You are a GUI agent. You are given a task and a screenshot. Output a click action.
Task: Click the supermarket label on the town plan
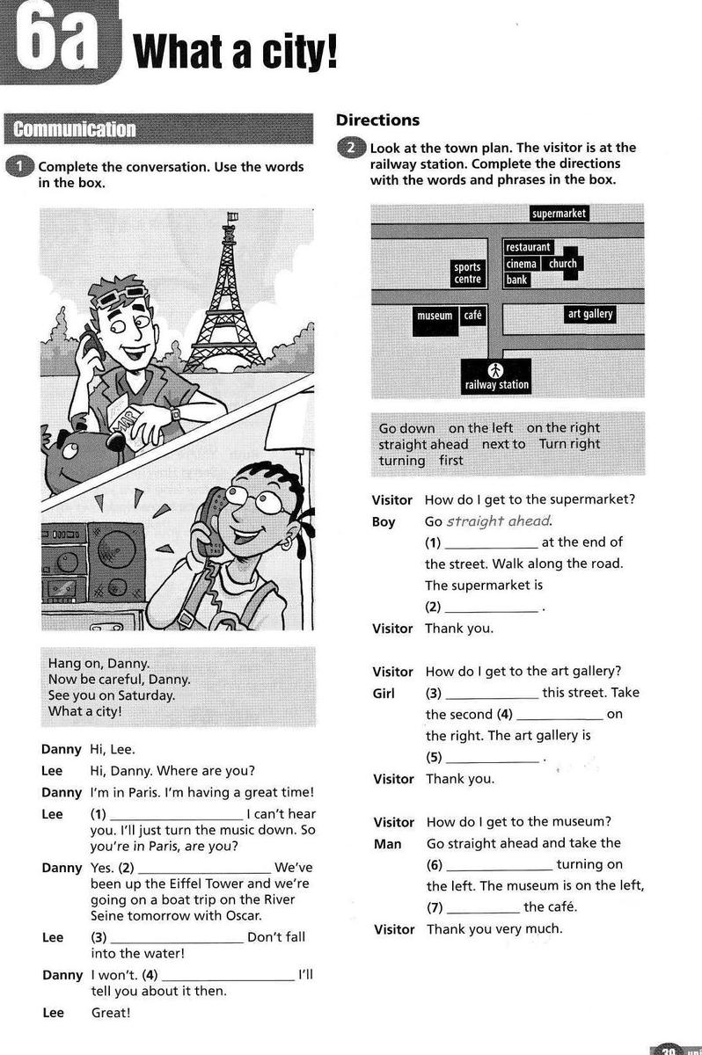click(559, 214)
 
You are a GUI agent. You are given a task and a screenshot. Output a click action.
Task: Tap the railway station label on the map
click(497, 384)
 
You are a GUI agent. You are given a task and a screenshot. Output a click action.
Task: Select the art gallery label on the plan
click(589, 314)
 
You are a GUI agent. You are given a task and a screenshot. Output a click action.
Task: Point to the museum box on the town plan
click(435, 316)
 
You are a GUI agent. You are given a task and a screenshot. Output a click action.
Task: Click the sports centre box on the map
click(467, 273)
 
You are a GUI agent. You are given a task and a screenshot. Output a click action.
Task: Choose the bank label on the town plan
click(517, 280)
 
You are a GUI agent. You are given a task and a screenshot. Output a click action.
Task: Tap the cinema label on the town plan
click(522, 264)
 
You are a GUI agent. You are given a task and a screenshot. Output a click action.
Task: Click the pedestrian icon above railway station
click(496, 369)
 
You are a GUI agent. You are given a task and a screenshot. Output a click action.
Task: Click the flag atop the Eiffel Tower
click(232, 215)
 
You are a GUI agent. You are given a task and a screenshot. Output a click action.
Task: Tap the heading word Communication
click(74, 130)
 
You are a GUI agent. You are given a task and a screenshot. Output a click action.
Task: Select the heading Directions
click(377, 120)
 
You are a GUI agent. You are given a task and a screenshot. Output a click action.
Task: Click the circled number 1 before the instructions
click(19, 167)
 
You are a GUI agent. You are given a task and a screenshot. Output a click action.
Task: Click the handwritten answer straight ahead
click(498, 521)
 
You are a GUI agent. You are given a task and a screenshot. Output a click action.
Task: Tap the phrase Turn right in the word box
click(569, 444)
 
